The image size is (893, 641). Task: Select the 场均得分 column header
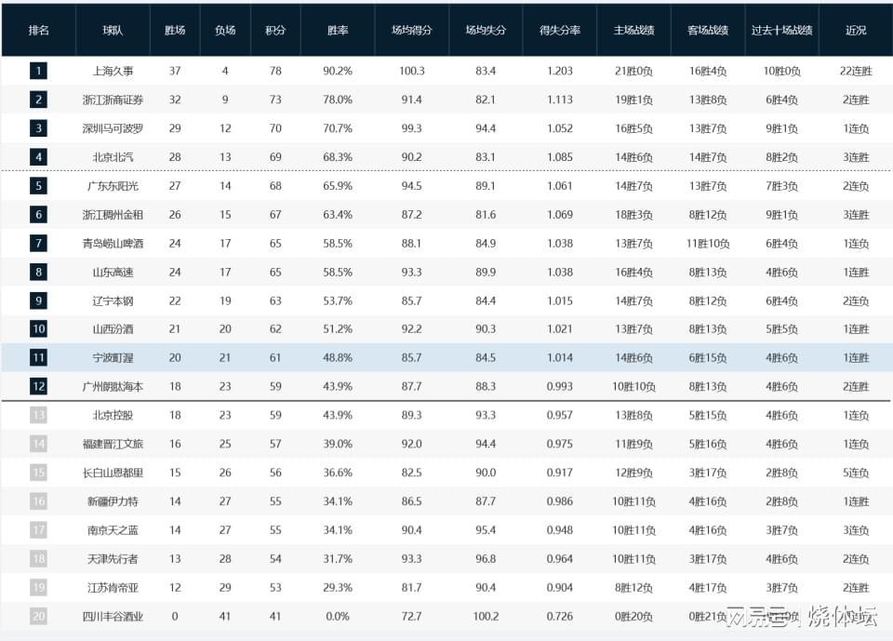(x=411, y=30)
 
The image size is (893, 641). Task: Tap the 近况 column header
(x=856, y=30)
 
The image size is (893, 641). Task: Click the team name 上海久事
(x=113, y=71)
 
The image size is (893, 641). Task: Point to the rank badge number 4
(x=38, y=157)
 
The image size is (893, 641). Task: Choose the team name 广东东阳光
(x=113, y=186)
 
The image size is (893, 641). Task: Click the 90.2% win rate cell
(x=338, y=71)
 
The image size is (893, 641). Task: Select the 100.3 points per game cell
(x=411, y=71)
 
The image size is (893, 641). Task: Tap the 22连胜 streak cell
(x=856, y=71)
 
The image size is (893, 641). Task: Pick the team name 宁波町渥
(x=113, y=358)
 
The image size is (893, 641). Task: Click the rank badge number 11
(x=38, y=358)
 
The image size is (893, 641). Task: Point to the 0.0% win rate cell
(x=338, y=616)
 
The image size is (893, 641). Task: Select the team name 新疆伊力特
(x=113, y=501)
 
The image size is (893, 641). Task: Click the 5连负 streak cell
(x=856, y=473)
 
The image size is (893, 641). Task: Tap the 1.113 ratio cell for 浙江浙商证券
(x=560, y=100)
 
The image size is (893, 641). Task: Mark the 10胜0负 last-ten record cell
(x=781, y=71)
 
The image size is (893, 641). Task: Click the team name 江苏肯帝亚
(x=113, y=587)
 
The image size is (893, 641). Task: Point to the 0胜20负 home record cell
(x=633, y=616)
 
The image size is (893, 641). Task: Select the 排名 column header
(x=39, y=30)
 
